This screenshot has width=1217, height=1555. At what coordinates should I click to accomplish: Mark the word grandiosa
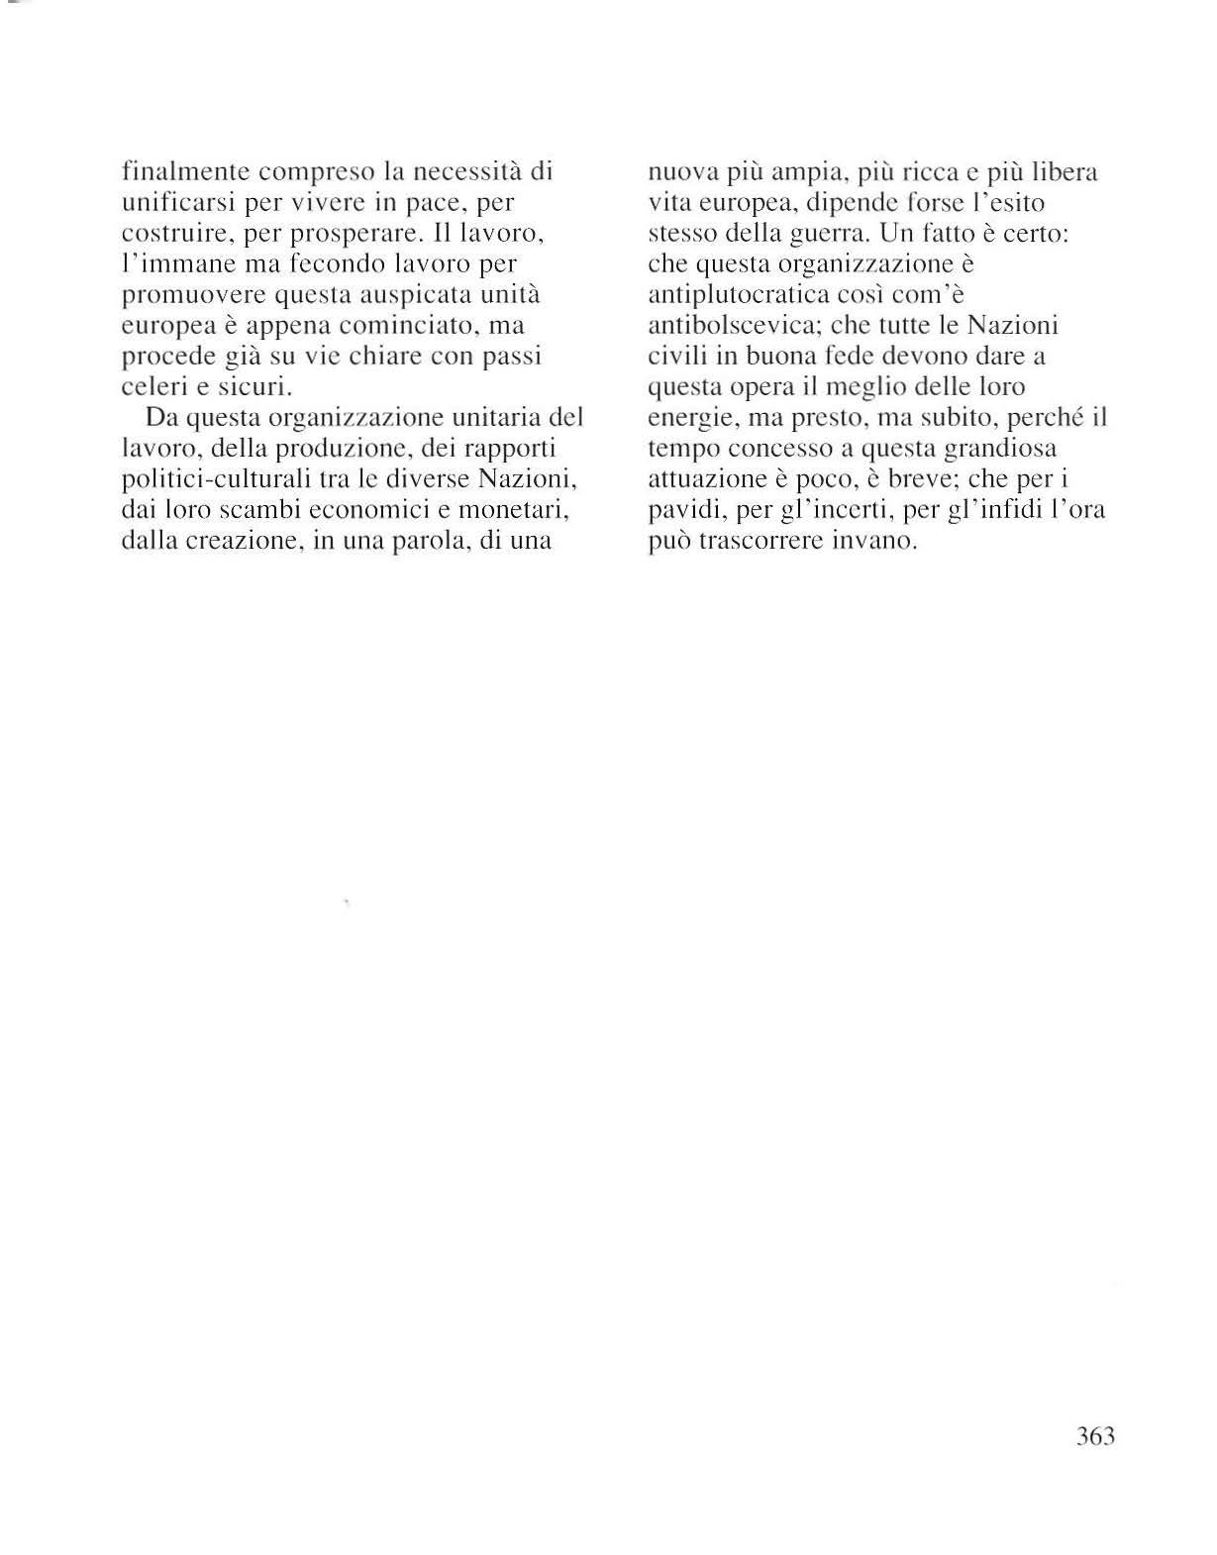point(1000,449)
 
